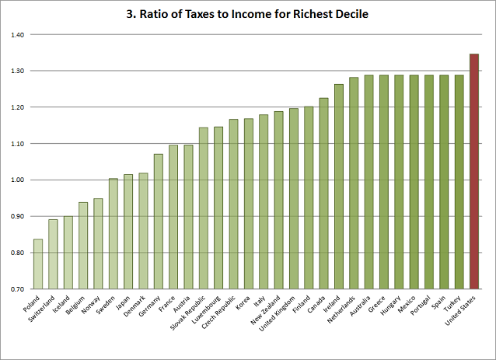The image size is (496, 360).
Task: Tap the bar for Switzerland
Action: point(53,256)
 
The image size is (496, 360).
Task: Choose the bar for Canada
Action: point(323,195)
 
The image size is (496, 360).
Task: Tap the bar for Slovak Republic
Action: point(203,210)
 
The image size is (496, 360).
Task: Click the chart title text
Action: point(248,14)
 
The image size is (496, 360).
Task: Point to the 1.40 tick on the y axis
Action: point(18,35)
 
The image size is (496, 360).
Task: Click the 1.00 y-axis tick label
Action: point(18,180)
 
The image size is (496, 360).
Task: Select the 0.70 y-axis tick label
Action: point(18,289)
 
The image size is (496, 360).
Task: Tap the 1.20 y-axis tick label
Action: point(18,107)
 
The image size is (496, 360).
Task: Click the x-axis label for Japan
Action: point(121,304)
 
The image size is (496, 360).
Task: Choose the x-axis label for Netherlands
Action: point(342,310)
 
